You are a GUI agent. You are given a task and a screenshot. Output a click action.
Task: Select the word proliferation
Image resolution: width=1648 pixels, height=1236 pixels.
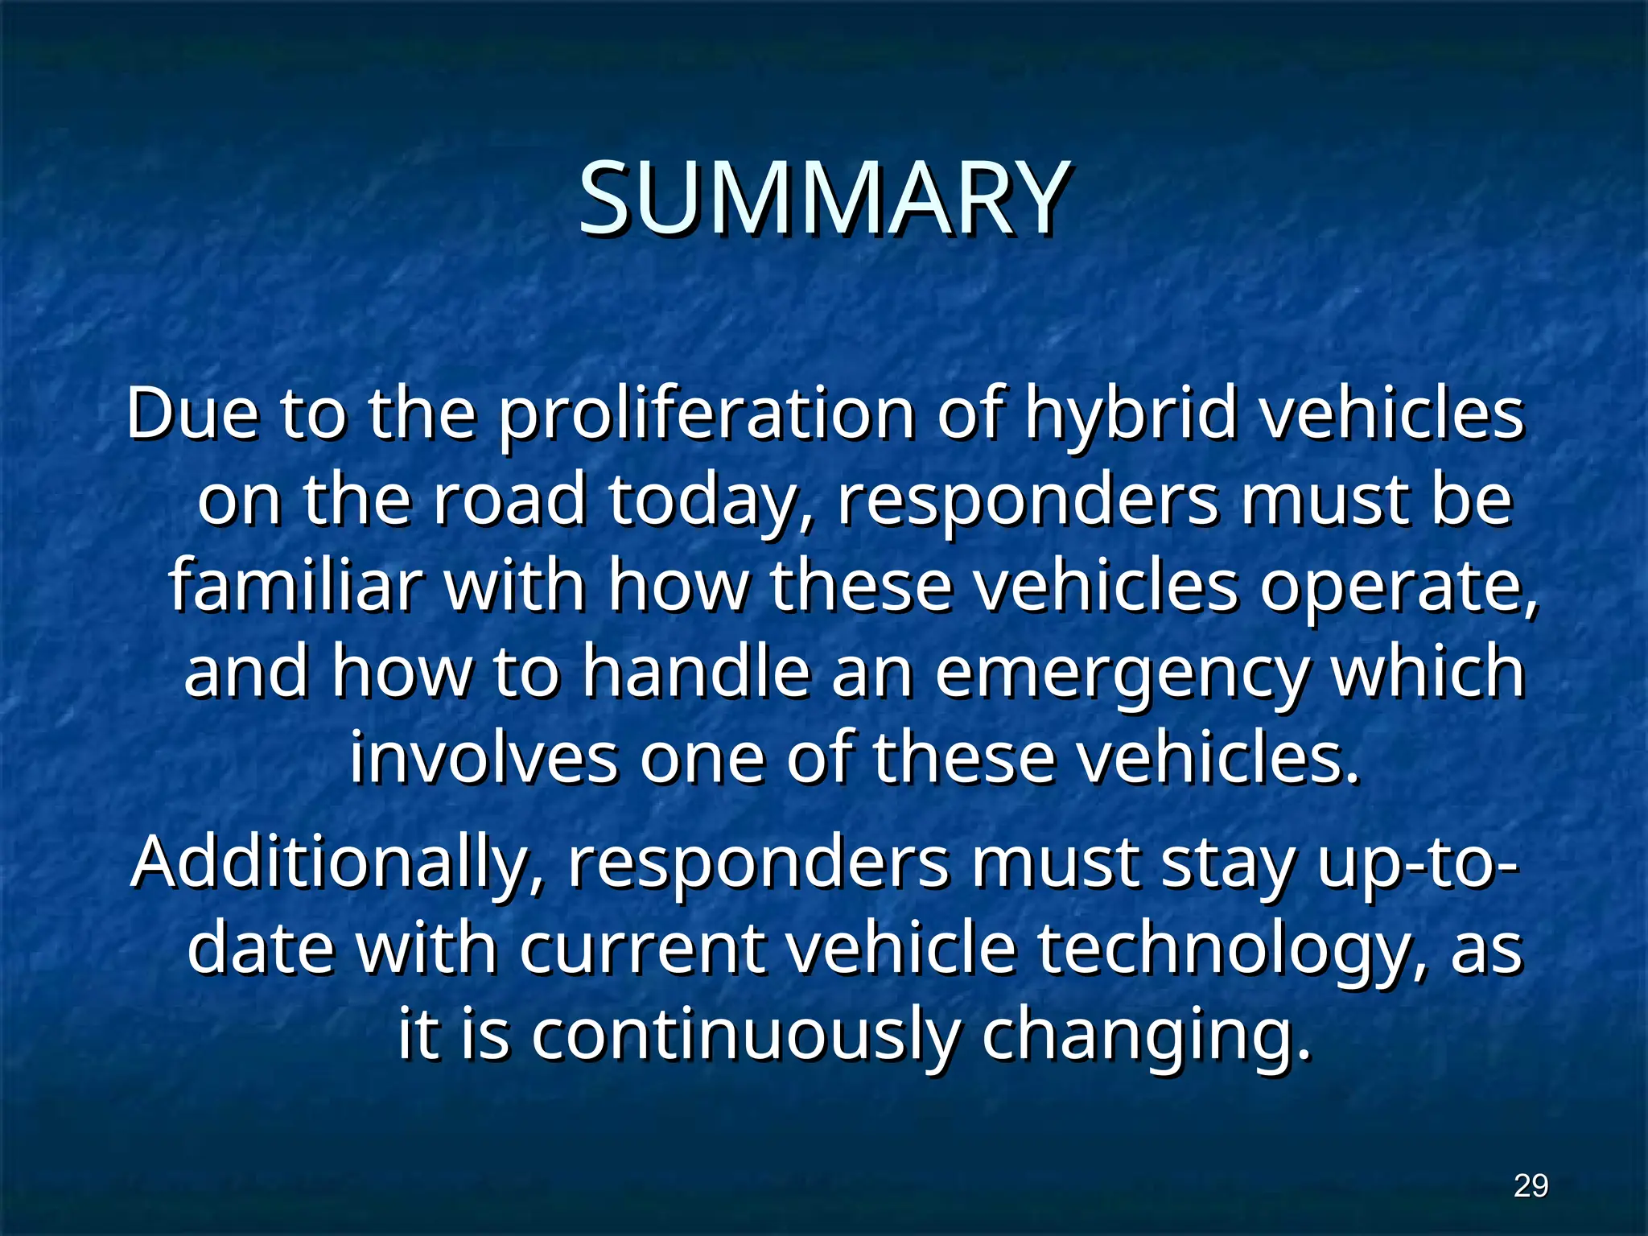[x=707, y=414]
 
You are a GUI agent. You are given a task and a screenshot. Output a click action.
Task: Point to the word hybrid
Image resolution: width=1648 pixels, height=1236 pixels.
[x=1130, y=414]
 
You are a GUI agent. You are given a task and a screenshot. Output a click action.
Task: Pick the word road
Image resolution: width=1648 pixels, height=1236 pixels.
[x=509, y=500]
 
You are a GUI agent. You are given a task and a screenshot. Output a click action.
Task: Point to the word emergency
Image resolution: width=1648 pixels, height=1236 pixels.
[x=1122, y=674]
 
